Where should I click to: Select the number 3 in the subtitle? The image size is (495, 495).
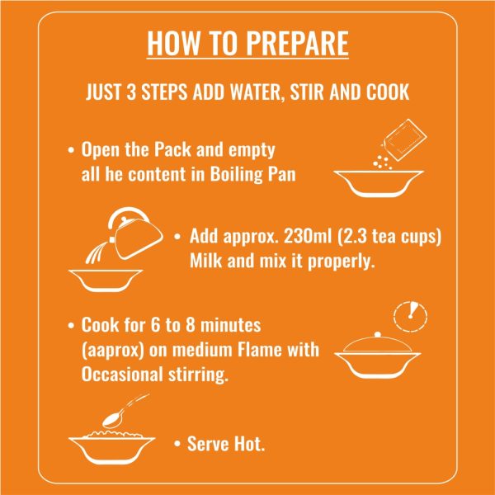pyautogui.click(x=131, y=92)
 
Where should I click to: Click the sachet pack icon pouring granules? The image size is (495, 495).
pyautogui.click(x=405, y=140)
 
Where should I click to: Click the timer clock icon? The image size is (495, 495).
pyautogui.click(x=410, y=316)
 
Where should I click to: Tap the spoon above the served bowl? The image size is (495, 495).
pyautogui.click(x=125, y=411)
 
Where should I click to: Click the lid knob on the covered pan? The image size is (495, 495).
pyautogui.click(x=378, y=335)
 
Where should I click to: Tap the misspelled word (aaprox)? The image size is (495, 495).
pyautogui.click(x=113, y=351)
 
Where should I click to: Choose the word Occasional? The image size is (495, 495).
pyautogui.click(x=122, y=374)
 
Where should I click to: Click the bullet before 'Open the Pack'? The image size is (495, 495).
pyautogui.click(x=71, y=149)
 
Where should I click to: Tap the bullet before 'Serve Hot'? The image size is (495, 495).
pyautogui.click(x=177, y=444)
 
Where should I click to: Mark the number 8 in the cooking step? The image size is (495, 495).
pyautogui.click(x=190, y=325)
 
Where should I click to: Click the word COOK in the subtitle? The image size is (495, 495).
pyautogui.click(x=388, y=92)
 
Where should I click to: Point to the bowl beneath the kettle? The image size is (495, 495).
pyautogui.click(x=106, y=280)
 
